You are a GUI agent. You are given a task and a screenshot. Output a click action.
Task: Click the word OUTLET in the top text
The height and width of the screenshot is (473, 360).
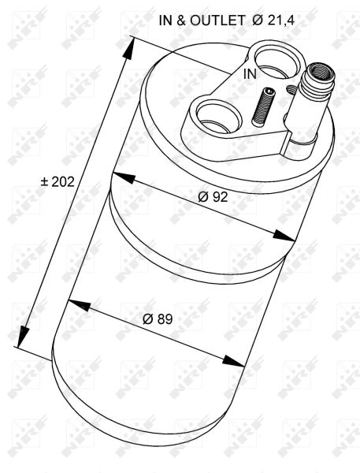tap(216, 21)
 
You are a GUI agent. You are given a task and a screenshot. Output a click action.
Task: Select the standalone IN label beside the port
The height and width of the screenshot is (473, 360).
tap(249, 74)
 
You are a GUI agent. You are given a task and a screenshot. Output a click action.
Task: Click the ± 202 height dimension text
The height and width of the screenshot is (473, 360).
tap(57, 182)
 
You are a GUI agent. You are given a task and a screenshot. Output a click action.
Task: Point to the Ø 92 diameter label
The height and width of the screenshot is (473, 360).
tap(213, 197)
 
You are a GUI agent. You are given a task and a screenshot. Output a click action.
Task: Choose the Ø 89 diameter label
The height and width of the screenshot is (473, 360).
tap(158, 319)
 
